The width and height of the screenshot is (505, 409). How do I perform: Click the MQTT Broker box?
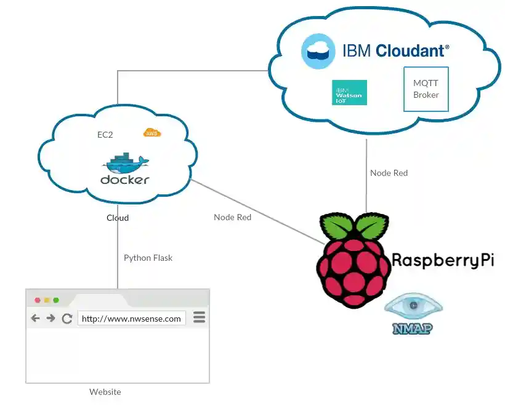pyautogui.click(x=426, y=89)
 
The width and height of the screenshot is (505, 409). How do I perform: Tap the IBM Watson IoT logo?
pyautogui.click(x=349, y=93)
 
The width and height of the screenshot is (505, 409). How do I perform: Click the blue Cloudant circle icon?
pyautogui.click(x=318, y=51)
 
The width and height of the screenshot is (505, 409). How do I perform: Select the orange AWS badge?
pyautogui.click(x=151, y=133)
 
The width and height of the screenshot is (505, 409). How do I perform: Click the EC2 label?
pyautogui.click(x=105, y=135)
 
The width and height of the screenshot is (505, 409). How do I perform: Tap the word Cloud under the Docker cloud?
pyautogui.click(x=118, y=218)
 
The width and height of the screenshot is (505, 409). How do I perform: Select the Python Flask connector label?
pyautogui.click(x=148, y=258)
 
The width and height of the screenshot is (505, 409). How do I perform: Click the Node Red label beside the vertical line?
pyautogui.click(x=389, y=173)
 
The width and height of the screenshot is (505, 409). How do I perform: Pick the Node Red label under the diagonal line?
pyautogui.click(x=232, y=217)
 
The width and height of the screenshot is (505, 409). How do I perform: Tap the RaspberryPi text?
pyautogui.click(x=442, y=260)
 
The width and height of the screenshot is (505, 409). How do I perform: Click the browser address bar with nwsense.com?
pyautogui.click(x=131, y=318)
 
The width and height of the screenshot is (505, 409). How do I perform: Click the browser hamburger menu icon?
pyautogui.click(x=199, y=317)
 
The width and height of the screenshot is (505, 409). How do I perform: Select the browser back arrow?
pyautogui.click(x=36, y=318)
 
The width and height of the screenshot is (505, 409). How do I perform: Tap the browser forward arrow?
pyautogui.click(x=51, y=318)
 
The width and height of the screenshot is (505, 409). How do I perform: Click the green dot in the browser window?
pyautogui.click(x=56, y=300)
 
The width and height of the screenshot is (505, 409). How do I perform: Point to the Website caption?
pyautogui.click(x=105, y=392)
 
